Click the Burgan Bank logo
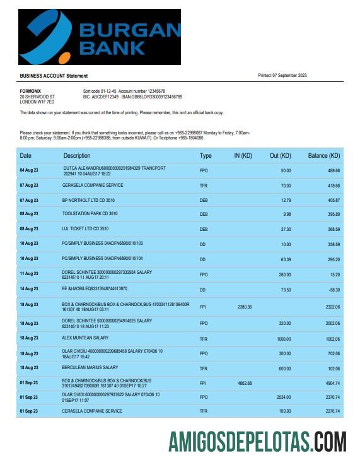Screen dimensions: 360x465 (x=99, y=37)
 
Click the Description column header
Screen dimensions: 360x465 (x=77, y=155)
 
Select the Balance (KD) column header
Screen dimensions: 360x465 (x=323, y=155)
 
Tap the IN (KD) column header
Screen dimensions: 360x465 (x=243, y=155)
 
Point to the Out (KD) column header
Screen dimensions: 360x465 (x=281, y=155)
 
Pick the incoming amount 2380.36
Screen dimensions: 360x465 (x=244, y=307)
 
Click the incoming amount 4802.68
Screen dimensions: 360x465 (x=244, y=383)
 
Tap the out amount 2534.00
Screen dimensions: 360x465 (x=284, y=397)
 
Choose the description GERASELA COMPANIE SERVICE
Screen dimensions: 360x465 (x=92, y=185)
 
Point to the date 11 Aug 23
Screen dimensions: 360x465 (x=29, y=274)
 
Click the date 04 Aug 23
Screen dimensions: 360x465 (x=29, y=171)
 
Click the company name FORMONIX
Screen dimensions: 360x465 (x=31, y=91)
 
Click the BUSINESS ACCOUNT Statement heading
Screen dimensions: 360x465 (x=54, y=76)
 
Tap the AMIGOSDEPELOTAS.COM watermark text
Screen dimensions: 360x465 (x=257, y=441)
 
